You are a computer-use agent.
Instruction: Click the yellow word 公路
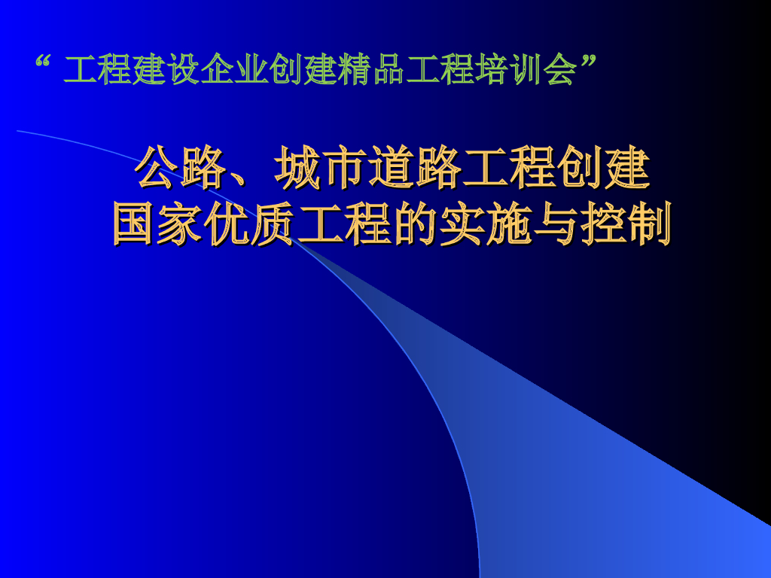click(x=181, y=169)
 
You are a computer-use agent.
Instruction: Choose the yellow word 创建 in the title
click(x=602, y=169)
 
